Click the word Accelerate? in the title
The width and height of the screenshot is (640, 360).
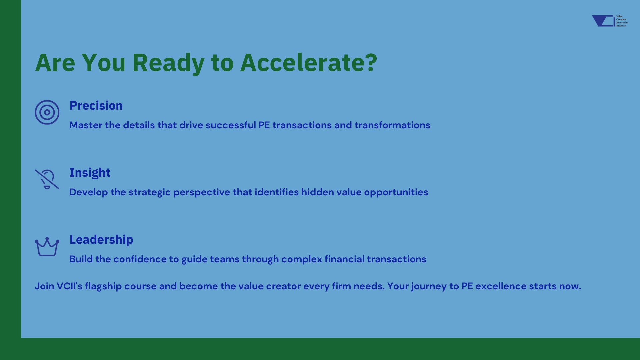coord(309,62)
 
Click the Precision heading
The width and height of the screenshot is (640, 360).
coord(96,105)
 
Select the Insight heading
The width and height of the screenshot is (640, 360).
coord(90,173)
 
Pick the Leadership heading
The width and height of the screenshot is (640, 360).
coord(101,240)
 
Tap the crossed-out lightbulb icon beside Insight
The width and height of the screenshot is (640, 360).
coord(47,179)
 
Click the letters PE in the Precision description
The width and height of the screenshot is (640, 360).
coord(264,125)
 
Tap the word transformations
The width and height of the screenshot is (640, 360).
coord(392,125)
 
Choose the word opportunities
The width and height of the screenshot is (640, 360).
coord(396,192)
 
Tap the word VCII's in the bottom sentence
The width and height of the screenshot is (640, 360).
coord(69,286)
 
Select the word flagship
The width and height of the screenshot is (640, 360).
coord(103,286)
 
